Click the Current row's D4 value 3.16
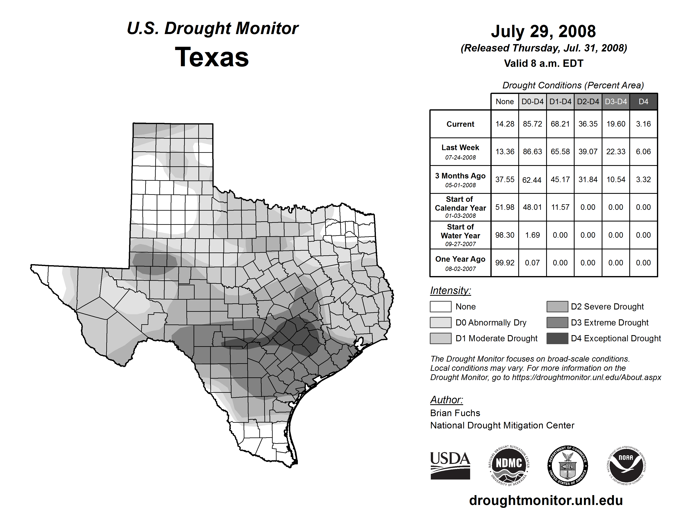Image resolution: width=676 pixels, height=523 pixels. [x=643, y=124]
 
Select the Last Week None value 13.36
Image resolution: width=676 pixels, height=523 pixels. [x=505, y=152]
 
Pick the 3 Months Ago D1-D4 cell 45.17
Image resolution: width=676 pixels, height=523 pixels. [x=560, y=179]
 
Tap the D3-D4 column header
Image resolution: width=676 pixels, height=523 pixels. [x=616, y=102]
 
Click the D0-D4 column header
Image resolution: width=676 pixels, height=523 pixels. [x=532, y=102]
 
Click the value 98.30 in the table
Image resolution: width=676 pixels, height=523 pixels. [x=505, y=235]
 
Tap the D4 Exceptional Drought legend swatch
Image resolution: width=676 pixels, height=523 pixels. [x=557, y=338]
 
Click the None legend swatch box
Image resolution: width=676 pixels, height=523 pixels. [x=440, y=306]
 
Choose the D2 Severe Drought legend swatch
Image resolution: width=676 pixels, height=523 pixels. [x=557, y=306]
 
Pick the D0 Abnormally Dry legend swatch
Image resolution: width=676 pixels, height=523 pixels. [x=440, y=322]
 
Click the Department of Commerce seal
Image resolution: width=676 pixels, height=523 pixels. [x=567, y=465]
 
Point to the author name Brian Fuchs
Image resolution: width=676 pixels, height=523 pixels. [x=455, y=413]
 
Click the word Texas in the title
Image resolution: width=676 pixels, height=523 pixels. [x=212, y=57]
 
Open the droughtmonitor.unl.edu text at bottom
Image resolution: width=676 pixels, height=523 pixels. [x=546, y=500]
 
